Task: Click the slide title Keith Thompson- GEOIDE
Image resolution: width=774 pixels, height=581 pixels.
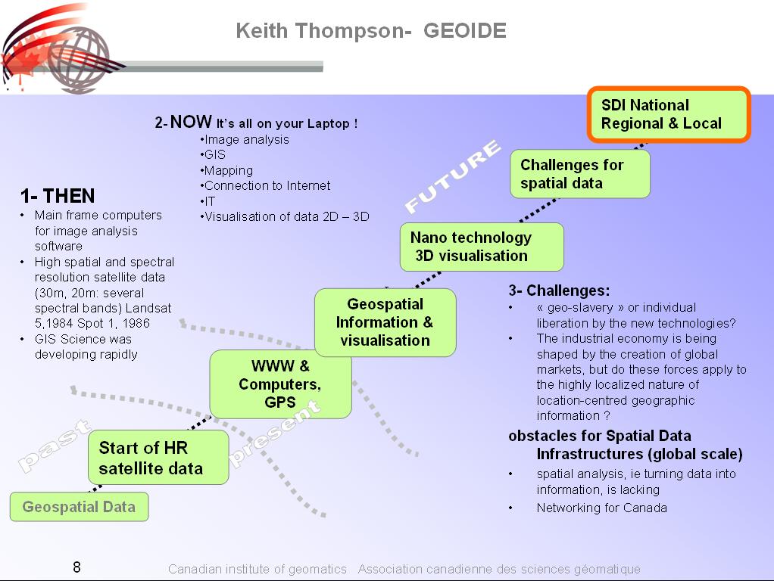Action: click(370, 31)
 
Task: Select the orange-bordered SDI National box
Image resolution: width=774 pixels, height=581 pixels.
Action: click(669, 114)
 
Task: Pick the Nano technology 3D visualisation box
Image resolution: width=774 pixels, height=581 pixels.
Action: click(481, 247)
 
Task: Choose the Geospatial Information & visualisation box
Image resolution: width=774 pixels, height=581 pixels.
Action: click(385, 322)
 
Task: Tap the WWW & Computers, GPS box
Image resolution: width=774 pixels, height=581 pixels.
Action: click(280, 384)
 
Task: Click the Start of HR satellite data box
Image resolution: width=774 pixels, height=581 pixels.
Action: click(158, 458)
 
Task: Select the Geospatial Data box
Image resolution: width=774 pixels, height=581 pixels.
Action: click(79, 507)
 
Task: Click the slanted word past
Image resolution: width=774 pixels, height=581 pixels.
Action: click(54, 447)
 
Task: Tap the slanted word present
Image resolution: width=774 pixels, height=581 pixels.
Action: click(274, 432)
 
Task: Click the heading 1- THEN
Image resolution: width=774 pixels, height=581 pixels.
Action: click(58, 197)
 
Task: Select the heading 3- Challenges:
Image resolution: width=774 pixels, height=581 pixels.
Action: click(559, 290)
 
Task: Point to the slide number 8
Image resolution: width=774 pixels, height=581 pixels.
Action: click(76, 567)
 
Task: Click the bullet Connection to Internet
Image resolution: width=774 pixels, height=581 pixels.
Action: click(266, 186)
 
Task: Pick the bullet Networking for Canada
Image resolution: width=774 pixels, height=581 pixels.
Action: click(601, 508)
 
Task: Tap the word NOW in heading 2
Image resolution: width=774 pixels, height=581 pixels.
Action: click(191, 122)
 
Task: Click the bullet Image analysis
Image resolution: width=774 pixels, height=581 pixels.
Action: click(246, 140)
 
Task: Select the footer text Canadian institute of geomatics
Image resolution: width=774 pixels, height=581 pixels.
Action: click(257, 570)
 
